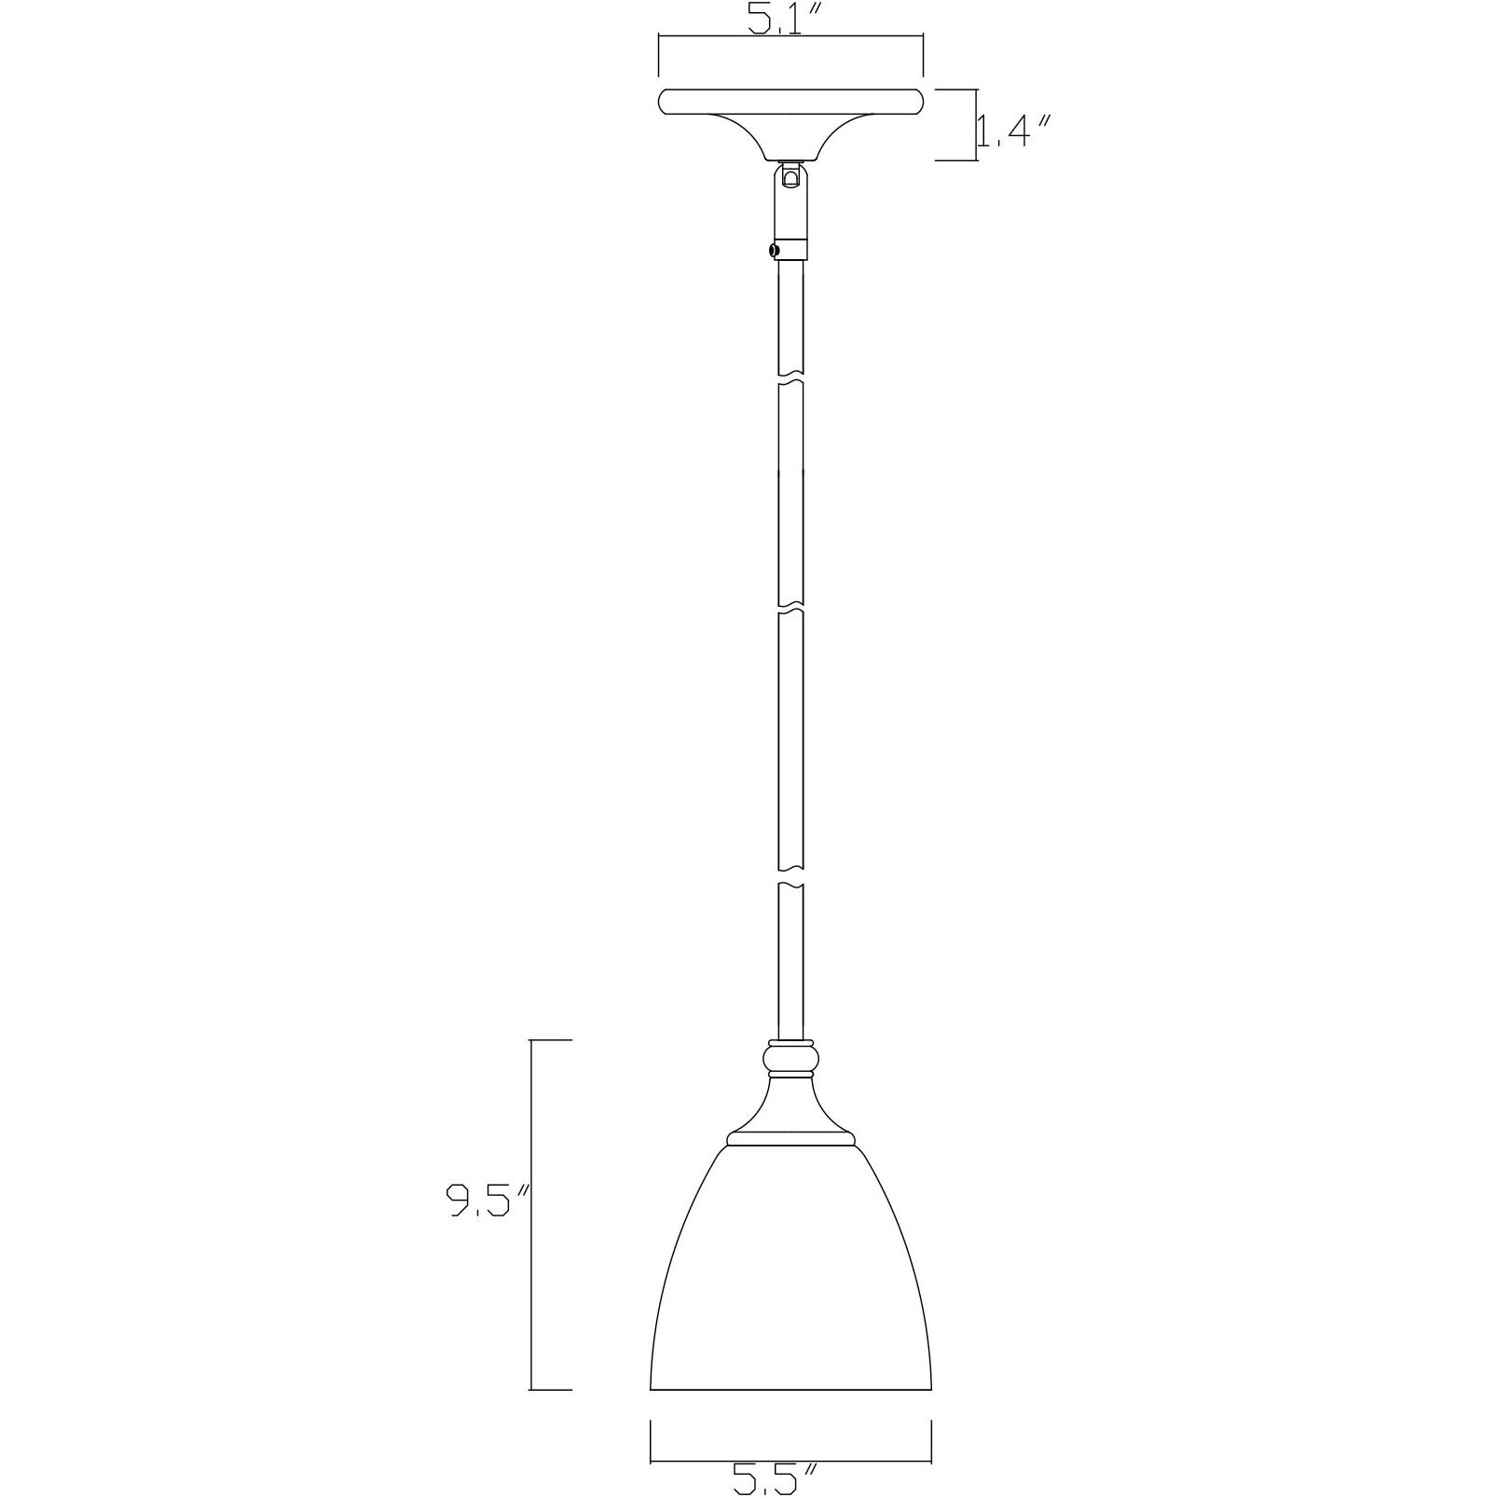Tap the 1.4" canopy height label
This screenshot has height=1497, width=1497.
1015,131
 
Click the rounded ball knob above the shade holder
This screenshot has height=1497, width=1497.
790,1059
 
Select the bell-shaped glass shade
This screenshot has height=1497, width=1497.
790,1286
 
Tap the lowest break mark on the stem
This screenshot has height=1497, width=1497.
790,880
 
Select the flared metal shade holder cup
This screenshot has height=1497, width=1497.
790,1109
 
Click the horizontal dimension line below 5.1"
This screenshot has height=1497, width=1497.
790,35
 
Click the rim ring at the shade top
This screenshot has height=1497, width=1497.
790,1138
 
